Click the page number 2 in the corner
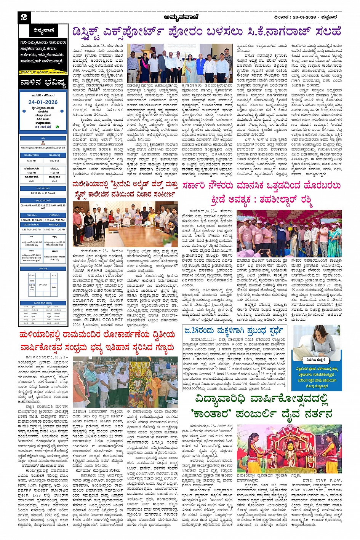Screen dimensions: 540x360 tap(24, 17)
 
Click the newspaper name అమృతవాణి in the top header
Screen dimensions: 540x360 tap(180, 17)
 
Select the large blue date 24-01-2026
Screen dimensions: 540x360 tap(43, 102)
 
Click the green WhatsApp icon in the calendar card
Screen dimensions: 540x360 tap(58, 127)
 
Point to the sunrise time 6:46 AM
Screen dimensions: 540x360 tap(32, 161)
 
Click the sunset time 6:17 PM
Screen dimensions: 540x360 tap(54, 161)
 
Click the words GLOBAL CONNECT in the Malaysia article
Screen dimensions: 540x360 tap(101, 320)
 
